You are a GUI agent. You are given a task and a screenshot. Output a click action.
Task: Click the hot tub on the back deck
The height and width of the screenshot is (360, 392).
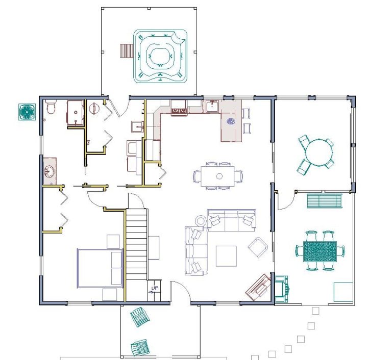(x=160, y=56)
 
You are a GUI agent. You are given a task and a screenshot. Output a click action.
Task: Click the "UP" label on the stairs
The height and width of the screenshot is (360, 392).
(x=155, y=288)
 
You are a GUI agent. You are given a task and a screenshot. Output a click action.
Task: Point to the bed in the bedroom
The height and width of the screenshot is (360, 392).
(x=100, y=268)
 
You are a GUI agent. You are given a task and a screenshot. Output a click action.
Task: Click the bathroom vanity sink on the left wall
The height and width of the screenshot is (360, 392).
(x=50, y=171)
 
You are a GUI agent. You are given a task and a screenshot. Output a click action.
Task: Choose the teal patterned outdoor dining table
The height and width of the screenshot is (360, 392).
(x=320, y=251)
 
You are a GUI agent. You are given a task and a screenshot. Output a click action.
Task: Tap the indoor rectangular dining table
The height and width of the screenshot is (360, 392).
(x=217, y=176)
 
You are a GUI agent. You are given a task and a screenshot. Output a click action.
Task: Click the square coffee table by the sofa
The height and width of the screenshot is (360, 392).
(x=226, y=256)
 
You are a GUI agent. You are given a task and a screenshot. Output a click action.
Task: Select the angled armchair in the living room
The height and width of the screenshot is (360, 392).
(x=258, y=247)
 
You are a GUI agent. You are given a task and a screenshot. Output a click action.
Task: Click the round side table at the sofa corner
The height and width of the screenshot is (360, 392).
(x=200, y=221)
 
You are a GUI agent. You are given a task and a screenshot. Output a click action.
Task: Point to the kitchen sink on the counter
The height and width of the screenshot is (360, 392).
(x=212, y=106)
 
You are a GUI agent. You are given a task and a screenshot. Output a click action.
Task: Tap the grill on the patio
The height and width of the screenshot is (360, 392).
(x=282, y=289)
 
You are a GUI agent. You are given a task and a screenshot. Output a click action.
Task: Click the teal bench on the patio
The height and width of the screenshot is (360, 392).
(x=324, y=200)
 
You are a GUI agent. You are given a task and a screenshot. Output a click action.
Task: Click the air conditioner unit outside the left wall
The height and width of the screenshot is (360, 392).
(x=27, y=112)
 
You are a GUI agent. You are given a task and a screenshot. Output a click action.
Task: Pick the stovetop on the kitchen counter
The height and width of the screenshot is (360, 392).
(x=179, y=110)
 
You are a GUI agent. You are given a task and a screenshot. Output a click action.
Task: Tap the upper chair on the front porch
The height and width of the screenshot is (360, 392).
(x=140, y=317)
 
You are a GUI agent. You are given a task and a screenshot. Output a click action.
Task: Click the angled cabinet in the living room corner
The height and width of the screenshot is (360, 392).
(x=258, y=287)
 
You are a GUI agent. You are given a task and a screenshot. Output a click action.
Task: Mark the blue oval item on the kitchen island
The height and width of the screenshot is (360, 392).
(x=231, y=121)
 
